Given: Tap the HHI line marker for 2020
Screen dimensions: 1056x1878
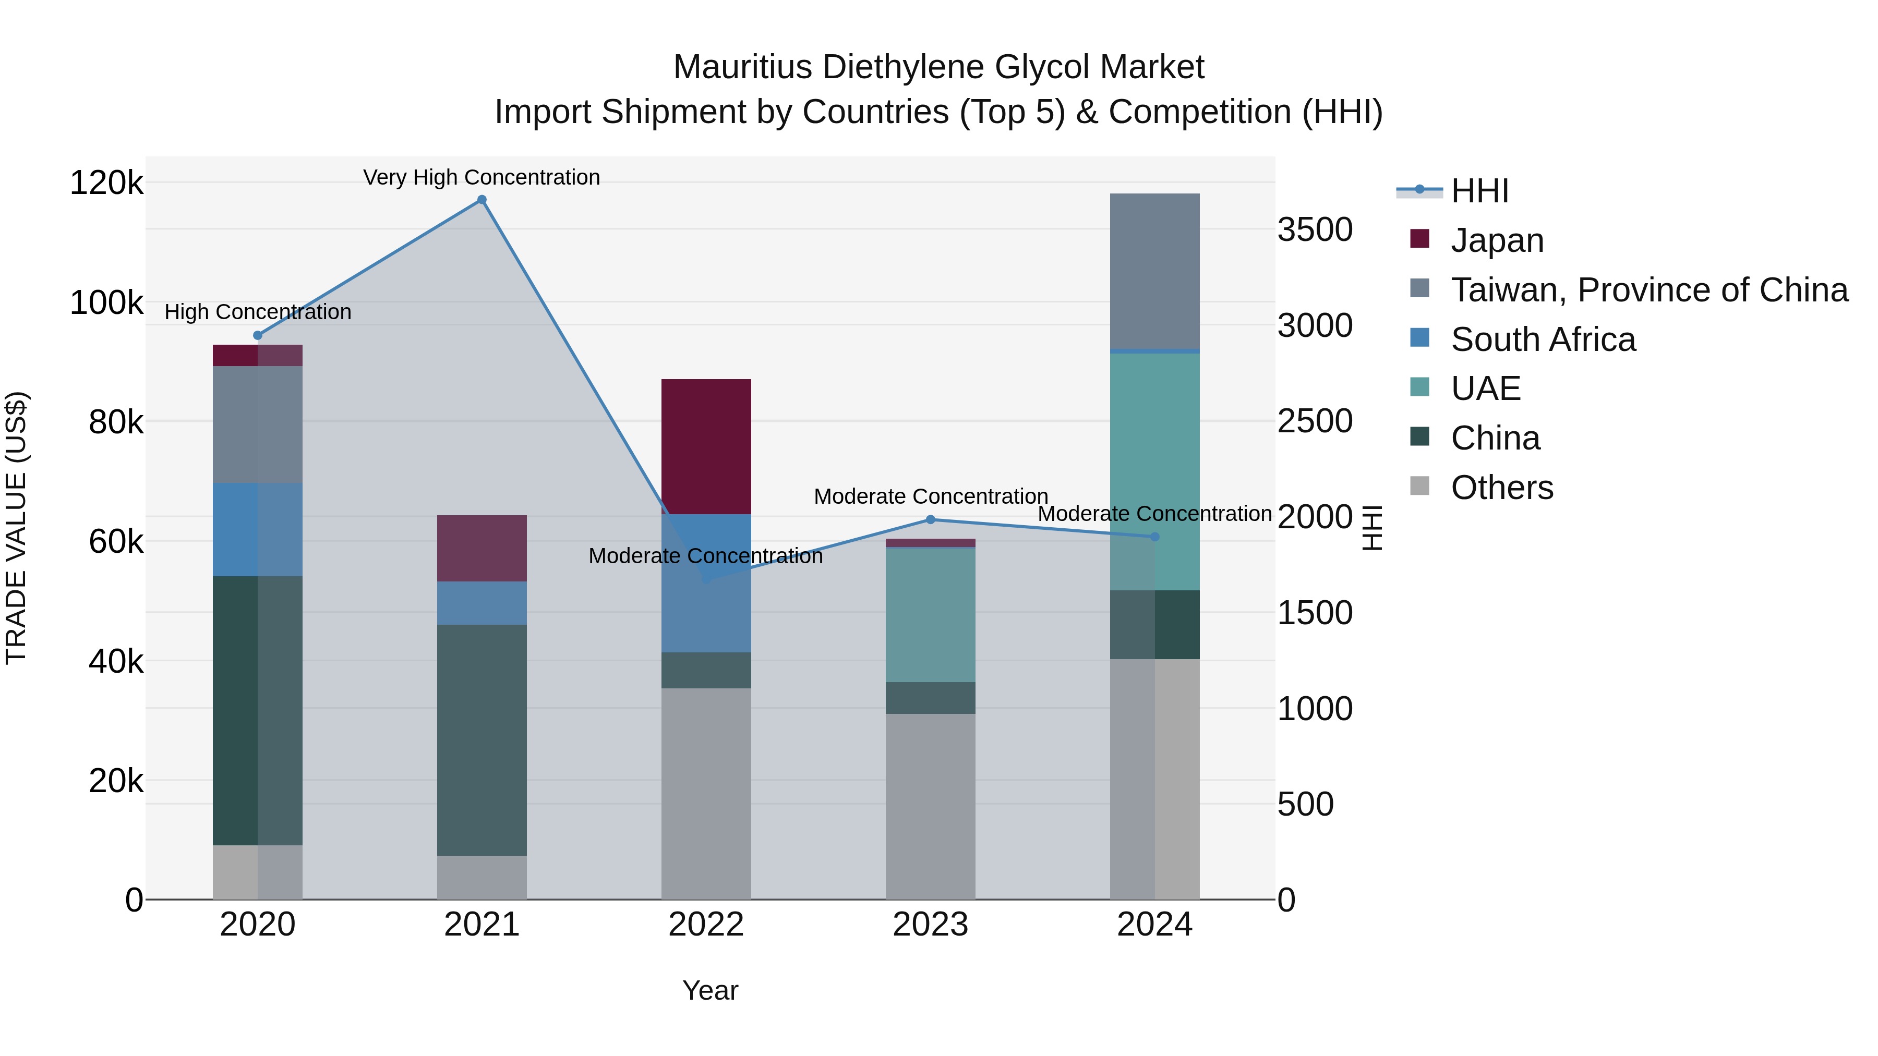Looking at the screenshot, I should click(x=257, y=335).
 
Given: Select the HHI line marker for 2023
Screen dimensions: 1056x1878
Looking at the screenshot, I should click(x=930, y=519).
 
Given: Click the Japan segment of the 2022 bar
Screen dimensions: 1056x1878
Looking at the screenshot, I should click(x=706, y=446).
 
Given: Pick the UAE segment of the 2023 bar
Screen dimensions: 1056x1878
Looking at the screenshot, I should click(x=930, y=614).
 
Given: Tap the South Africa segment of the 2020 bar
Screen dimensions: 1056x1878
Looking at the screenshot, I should click(x=257, y=529).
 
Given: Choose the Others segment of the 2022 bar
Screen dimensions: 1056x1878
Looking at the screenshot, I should click(x=706, y=793).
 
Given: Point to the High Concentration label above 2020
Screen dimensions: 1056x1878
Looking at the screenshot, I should click(x=257, y=312).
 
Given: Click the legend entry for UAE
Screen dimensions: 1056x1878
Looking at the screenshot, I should click(x=1485, y=389).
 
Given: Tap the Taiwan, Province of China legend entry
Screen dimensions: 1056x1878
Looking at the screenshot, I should click(x=1648, y=290).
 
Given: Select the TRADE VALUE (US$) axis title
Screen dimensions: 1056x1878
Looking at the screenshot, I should click(x=16, y=528).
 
